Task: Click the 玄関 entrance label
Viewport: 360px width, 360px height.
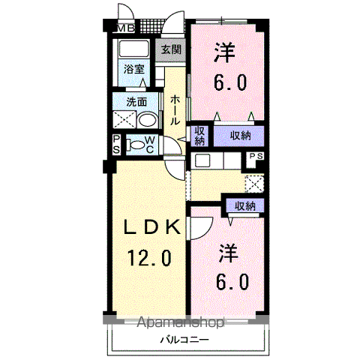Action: coord(171,49)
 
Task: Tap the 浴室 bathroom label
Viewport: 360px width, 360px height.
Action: coord(134,69)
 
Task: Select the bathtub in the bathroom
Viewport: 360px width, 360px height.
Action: coord(133,49)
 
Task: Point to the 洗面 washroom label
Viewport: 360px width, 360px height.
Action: coord(136,102)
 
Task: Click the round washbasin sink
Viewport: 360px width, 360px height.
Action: coord(147,121)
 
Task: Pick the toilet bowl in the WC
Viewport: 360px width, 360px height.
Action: coord(136,145)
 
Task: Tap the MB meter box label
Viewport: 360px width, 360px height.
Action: coord(126,28)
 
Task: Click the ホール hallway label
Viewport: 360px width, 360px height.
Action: coord(175,110)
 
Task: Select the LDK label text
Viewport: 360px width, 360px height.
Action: coord(152,227)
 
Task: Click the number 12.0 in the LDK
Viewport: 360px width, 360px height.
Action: coord(150,258)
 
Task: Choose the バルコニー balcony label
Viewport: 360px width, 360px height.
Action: coord(184,340)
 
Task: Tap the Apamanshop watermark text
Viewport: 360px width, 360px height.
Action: coord(181,322)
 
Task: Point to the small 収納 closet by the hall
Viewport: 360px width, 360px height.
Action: coord(199,136)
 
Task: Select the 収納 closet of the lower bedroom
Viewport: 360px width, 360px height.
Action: coord(245,206)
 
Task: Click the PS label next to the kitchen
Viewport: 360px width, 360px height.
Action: coord(256,156)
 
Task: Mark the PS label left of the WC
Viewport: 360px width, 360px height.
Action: coord(116,145)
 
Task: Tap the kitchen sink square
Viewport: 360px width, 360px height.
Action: coord(202,160)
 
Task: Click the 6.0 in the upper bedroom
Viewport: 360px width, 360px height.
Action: coord(230,82)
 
